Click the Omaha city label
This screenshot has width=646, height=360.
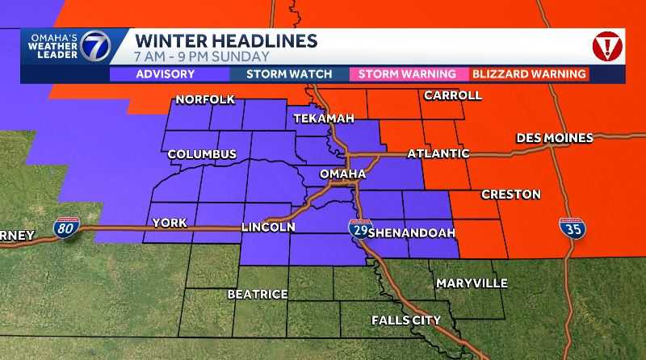click(343, 174)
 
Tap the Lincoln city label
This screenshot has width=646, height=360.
click(268, 228)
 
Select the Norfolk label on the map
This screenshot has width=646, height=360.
click(205, 100)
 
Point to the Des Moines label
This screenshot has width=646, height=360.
click(555, 138)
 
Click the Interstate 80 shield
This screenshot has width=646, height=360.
click(67, 228)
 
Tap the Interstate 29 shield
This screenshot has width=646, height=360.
click(360, 228)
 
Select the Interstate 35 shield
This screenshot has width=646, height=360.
click(574, 228)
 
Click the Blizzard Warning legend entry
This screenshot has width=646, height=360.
click(529, 74)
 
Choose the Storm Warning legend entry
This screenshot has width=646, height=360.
click(407, 74)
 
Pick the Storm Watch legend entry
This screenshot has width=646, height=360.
click(289, 74)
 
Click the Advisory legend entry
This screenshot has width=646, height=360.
click(165, 74)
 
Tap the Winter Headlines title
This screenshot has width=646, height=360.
click(225, 40)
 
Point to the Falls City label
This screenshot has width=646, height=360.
click(406, 320)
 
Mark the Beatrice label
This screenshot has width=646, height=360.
click(258, 295)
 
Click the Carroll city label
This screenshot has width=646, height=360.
click(452, 95)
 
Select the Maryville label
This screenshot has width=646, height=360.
click(472, 283)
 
